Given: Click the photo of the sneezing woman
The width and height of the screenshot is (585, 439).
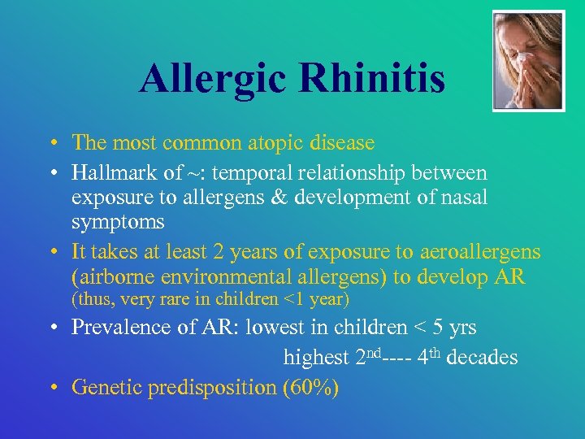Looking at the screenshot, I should click(528, 61).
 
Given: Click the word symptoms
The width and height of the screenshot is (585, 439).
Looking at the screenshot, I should click(118, 221).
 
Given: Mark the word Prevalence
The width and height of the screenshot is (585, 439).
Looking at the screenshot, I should click(119, 328).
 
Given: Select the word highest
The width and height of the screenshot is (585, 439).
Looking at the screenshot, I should click(315, 358).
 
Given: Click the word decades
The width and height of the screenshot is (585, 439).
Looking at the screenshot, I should click(483, 358).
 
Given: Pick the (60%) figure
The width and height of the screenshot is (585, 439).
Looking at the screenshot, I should click(310, 387).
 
